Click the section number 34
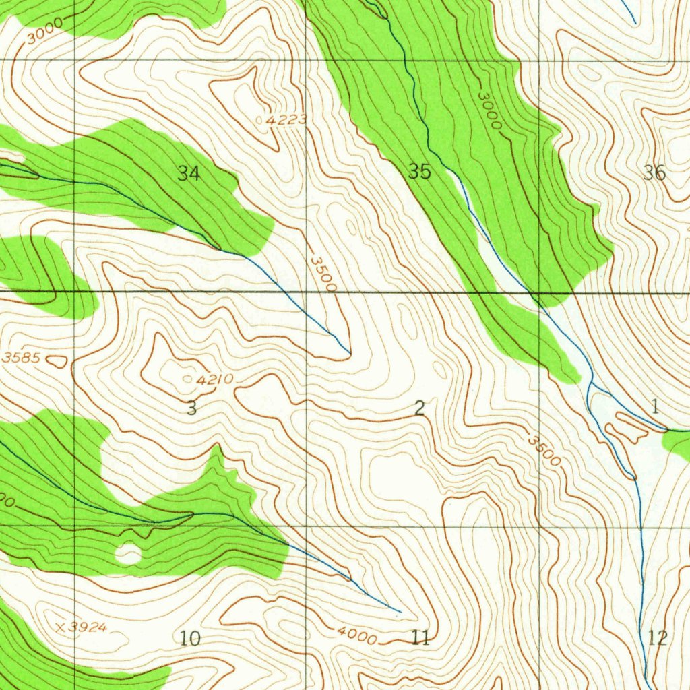(x=189, y=173)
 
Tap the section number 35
(x=419, y=172)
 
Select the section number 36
(x=654, y=173)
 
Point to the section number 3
(x=191, y=408)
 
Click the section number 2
(x=420, y=408)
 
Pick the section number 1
(x=655, y=406)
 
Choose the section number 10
(x=191, y=638)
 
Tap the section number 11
(x=420, y=637)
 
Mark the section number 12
(x=657, y=637)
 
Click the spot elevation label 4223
(x=286, y=120)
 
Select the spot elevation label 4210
(x=215, y=380)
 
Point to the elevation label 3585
(x=22, y=358)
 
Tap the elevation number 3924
(x=88, y=628)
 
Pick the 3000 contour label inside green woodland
(x=490, y=111)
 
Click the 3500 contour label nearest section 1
(x=544, y=451)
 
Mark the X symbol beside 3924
(x=61, y=627)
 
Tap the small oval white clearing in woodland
(x=128, y=554)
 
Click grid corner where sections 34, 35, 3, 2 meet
(x=307, y=292)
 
